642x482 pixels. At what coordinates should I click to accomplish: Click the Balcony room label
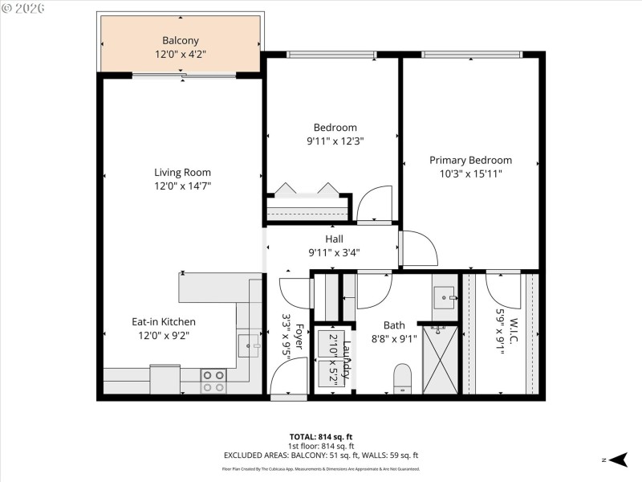click(x=181, y=40)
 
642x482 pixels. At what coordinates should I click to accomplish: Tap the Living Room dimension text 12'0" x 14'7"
click(x=183, y=186)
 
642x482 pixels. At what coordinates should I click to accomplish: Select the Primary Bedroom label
click(x=470, y=160)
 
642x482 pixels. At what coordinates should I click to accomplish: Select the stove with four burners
click(x=213, y=381)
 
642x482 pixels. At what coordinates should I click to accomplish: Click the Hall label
click(x=334, y=239)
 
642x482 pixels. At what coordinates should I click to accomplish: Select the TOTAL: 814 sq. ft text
click(x=321, y=437)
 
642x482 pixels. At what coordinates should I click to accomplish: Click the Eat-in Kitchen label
click(x=164, y=321)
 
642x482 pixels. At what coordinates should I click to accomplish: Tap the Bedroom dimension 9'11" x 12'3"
click(x=335, y=141)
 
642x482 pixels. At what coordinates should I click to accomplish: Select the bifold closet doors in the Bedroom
click(x=307, y=190)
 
